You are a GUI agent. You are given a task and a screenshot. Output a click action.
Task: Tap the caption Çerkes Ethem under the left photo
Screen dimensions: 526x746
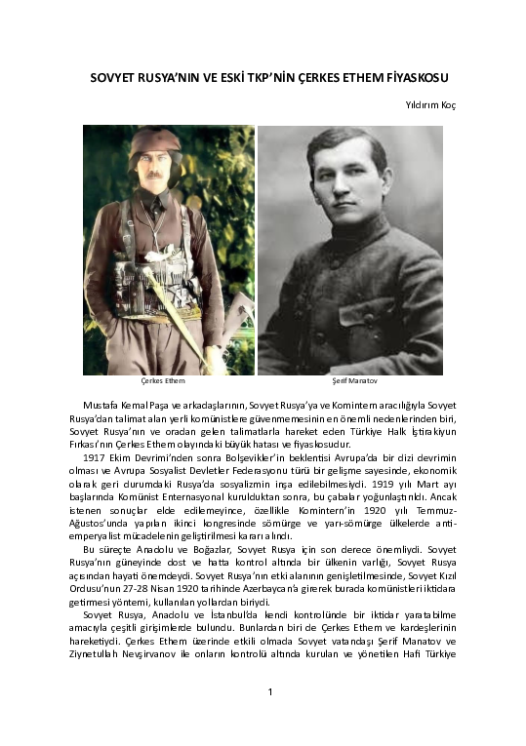(x=163, y=381)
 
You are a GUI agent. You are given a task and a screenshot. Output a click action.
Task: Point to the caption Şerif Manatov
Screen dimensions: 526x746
(x=348, y=381)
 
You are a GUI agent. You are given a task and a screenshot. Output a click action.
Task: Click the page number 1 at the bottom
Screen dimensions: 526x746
(x=268, y=692)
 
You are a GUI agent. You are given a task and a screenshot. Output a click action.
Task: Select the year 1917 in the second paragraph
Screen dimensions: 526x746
(x=94, y=457)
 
